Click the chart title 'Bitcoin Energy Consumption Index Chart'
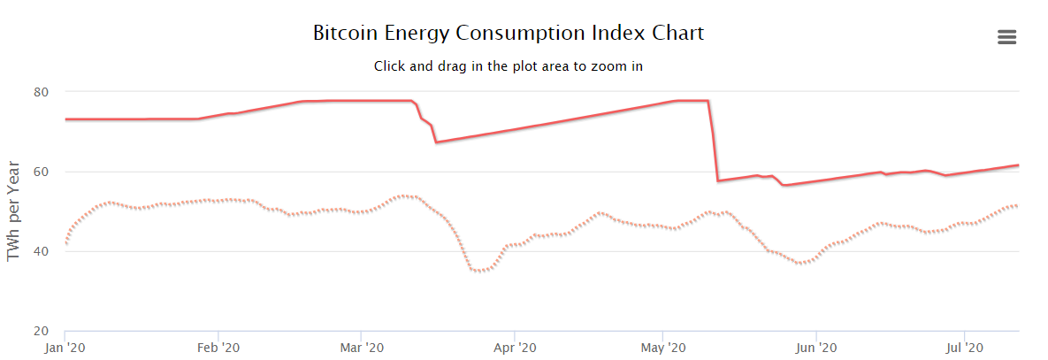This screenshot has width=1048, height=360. [509, 34]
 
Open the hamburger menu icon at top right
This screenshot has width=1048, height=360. [1006, 37]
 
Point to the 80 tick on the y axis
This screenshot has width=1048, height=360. [41, 92]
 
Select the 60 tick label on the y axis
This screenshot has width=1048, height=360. [41, 172]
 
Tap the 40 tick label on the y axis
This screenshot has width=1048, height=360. [41, 251]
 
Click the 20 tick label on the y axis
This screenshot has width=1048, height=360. [41, 331]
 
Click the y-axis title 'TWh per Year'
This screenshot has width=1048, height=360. [14, 211]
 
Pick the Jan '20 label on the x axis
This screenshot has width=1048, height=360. [65, 347]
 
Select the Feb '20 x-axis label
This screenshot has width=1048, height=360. [218, 347]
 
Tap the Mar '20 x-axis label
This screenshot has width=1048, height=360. [362, 347]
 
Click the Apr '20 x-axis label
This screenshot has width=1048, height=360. [515, 347]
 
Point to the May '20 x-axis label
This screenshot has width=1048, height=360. [663, 347]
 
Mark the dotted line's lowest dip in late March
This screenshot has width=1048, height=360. [479, 271]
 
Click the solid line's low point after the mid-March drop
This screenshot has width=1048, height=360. [436, 142]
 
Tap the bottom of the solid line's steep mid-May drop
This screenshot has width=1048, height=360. [718, 180]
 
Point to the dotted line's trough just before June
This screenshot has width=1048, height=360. [800, 264]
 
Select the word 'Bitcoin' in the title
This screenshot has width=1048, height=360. [345, 34]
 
